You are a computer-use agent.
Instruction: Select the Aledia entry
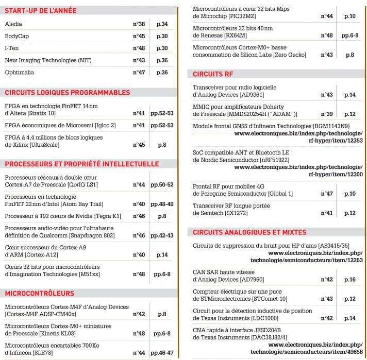13,24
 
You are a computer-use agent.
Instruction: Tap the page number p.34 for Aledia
162,24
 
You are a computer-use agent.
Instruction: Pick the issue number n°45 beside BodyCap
138,36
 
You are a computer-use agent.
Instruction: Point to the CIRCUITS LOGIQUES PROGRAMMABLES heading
67,93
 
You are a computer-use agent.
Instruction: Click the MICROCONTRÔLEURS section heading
39,294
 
